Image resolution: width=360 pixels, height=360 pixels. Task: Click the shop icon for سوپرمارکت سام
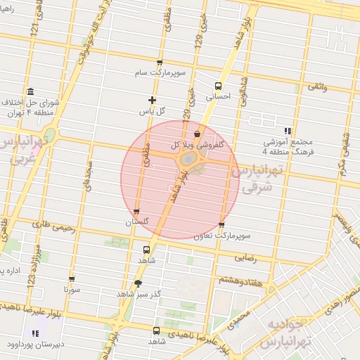160,63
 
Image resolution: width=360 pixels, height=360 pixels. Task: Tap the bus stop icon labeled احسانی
217,86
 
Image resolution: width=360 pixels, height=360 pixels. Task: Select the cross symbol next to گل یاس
152,100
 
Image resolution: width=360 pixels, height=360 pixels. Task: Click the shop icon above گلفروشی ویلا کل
196,133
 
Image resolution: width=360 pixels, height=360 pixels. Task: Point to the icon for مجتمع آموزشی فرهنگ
287,131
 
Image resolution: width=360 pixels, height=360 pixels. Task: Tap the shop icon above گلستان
136,211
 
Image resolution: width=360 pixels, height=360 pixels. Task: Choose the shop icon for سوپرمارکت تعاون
222,226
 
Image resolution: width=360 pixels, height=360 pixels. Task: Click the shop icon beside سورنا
71,279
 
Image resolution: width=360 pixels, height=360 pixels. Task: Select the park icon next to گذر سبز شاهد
120,293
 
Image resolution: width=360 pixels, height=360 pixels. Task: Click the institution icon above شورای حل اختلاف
30,93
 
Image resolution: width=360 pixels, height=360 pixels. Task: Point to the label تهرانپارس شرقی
259,179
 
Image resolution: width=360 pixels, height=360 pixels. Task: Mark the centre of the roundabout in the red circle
188,160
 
